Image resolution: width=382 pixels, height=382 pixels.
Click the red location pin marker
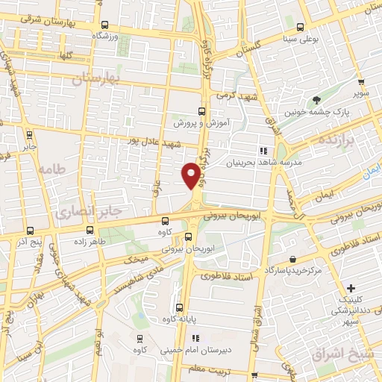tap(191, 175)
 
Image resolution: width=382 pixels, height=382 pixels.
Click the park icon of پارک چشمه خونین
tap(318, 99)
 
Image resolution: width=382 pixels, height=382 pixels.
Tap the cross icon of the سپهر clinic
tap(351, 288)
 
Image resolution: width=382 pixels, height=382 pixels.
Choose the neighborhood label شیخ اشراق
tap(352, 354)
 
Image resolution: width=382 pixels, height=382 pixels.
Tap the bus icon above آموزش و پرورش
tap(201, 110)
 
